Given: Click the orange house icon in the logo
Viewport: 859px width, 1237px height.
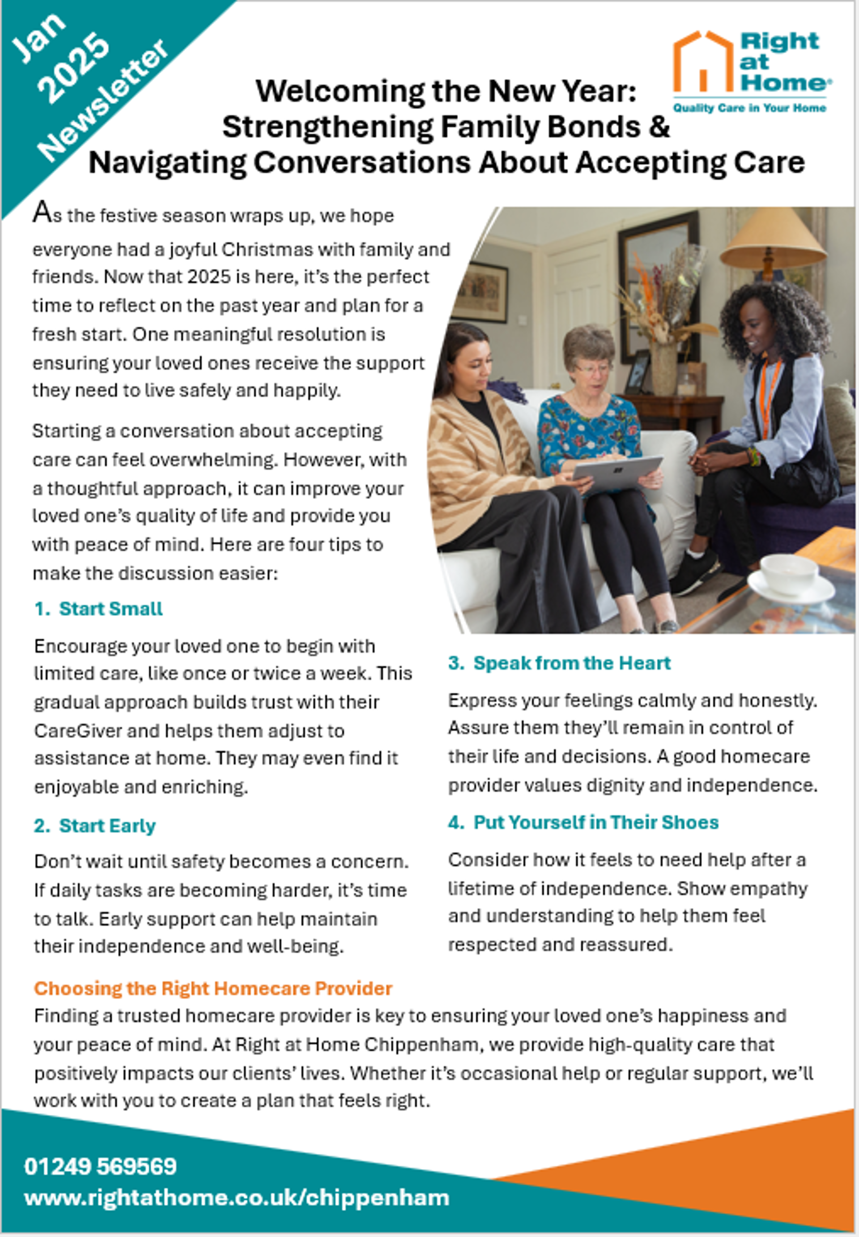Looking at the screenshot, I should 703,62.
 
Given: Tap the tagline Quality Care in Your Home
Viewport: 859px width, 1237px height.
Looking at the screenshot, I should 749,108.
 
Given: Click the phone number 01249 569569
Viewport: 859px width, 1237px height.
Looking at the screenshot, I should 101,1166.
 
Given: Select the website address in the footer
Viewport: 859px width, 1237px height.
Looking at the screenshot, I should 236,1198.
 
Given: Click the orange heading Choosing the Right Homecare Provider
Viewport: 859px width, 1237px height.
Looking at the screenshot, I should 213,988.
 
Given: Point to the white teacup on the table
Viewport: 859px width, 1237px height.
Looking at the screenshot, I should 788,576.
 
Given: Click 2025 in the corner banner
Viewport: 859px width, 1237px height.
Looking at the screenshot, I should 75,69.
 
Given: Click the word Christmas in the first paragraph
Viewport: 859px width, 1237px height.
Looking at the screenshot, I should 267,250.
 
